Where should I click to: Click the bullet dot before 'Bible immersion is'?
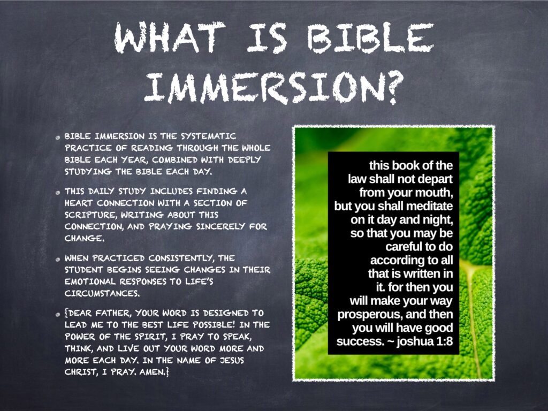[58, 138]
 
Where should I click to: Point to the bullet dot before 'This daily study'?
[58, 193]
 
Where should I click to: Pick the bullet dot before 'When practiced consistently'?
[58, 260]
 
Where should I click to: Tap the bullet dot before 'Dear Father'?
[58, 315]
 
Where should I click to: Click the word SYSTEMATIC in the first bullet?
[208, 136]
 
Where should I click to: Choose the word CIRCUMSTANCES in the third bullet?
[102, 293]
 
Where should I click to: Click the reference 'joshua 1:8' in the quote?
[424, 341]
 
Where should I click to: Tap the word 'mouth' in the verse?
[433, 193]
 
